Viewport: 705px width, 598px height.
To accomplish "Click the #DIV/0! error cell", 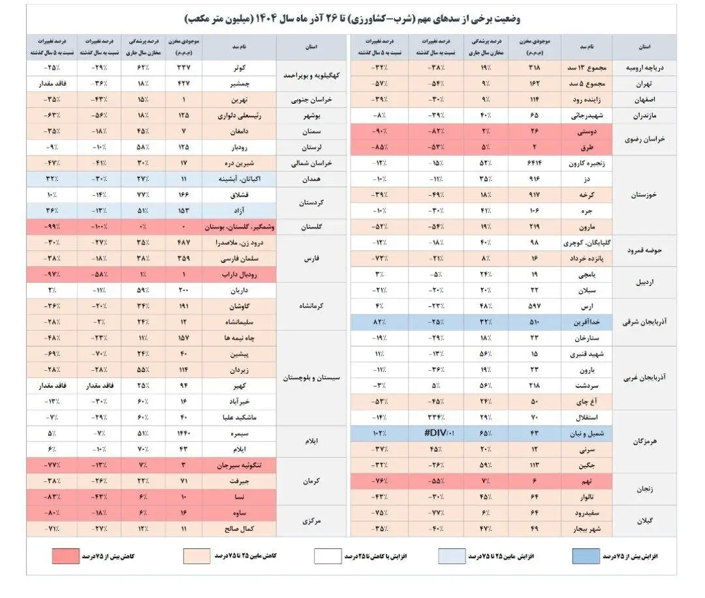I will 436,432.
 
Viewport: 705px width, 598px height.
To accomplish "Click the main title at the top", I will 353,18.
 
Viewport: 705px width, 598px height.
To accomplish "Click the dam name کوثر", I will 239,67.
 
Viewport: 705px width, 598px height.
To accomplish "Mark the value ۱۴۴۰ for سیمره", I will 184,433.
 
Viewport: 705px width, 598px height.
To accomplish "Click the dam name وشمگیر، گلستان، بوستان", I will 239,227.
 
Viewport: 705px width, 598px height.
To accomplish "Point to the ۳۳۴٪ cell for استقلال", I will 436,417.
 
